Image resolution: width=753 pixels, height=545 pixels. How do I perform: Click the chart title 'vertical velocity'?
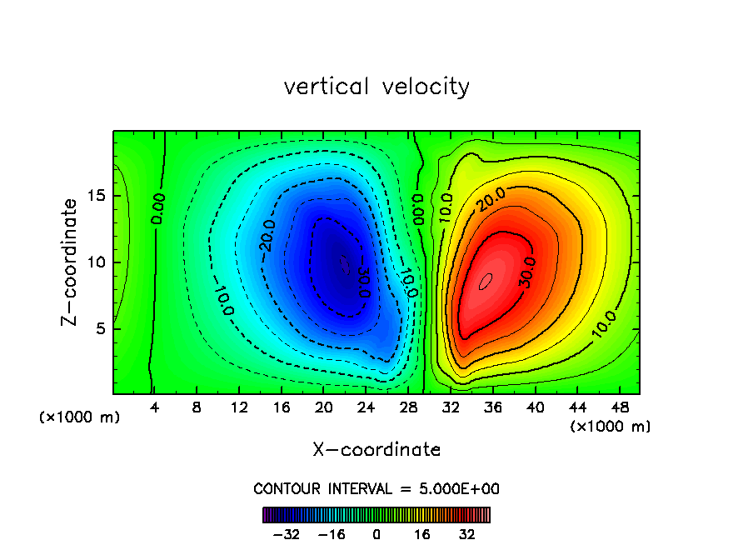tap(376, 87)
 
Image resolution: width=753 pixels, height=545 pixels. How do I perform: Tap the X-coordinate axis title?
tap(376, 450)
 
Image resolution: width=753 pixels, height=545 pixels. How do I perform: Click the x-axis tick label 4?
tap(154, 407)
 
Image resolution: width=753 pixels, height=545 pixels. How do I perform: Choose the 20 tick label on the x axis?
tap(323, 407)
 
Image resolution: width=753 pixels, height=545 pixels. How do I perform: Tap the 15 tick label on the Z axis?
tap(97, 196)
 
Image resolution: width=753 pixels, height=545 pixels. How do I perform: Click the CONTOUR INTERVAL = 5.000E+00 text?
tap(376, 488)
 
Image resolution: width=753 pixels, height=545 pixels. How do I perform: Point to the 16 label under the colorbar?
tap(422, 533)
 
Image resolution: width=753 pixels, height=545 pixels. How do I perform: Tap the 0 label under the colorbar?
tap(376, 533)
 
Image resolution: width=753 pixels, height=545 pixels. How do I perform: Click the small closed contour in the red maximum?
tap(486, 281)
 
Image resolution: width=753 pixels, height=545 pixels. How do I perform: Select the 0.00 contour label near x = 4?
tap(158, 208)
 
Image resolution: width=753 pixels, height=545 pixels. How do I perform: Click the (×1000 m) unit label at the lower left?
tap(80, 417)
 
